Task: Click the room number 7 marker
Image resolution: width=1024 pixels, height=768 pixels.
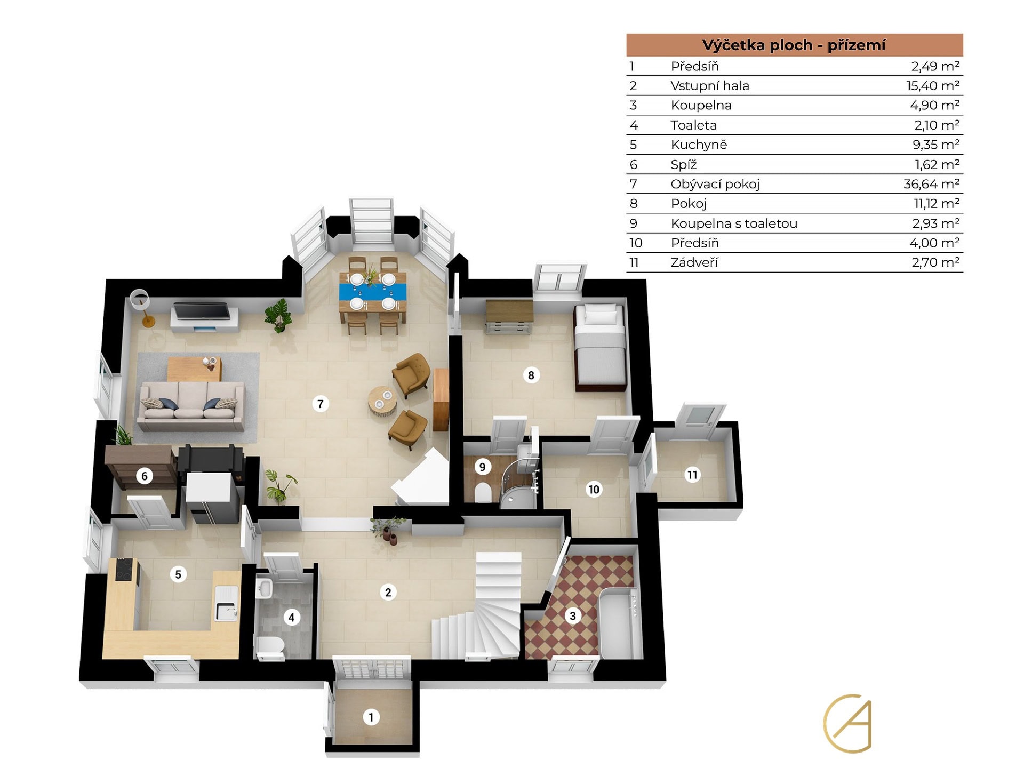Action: click(320, 404)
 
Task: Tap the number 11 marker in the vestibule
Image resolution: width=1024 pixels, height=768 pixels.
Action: click(692, 475)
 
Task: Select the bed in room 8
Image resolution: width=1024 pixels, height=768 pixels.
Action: click(599, 347)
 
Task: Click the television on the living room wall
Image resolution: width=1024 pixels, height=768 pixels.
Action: click(201, 311)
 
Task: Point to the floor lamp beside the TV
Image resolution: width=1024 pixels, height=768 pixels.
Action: click(142, 308)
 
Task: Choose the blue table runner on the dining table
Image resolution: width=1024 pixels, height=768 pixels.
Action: click(372, 291)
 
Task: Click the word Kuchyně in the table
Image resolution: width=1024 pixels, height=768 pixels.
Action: click(699, 145)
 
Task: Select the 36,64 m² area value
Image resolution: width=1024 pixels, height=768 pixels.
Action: click(931, 184)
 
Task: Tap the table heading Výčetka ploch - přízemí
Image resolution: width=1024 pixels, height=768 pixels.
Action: click(794, 45)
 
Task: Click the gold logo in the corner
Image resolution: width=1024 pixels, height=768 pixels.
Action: click(847, 723)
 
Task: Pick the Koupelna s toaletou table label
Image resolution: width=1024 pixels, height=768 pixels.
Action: click(734, 223)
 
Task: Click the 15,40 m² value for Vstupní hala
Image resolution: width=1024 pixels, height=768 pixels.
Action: click(933, 85)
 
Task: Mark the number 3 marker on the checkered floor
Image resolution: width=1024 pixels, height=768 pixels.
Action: click(573, 616)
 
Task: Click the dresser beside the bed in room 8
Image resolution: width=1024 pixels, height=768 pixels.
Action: click(509, 316)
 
